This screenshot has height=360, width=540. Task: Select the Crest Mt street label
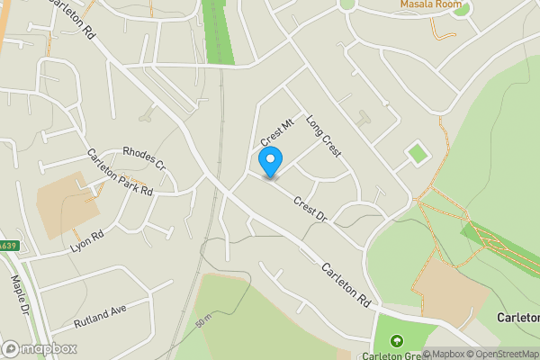click(x=278, y=132)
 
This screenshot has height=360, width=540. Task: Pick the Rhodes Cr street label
click(x=144, y=158)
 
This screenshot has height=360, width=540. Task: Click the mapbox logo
click(x=40, y=348)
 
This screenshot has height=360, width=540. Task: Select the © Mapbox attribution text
click(x=444, y=354)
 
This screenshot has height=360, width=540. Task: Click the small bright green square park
click(x=416, y=154)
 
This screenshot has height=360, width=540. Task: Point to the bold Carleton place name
click(x=517, y=318)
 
